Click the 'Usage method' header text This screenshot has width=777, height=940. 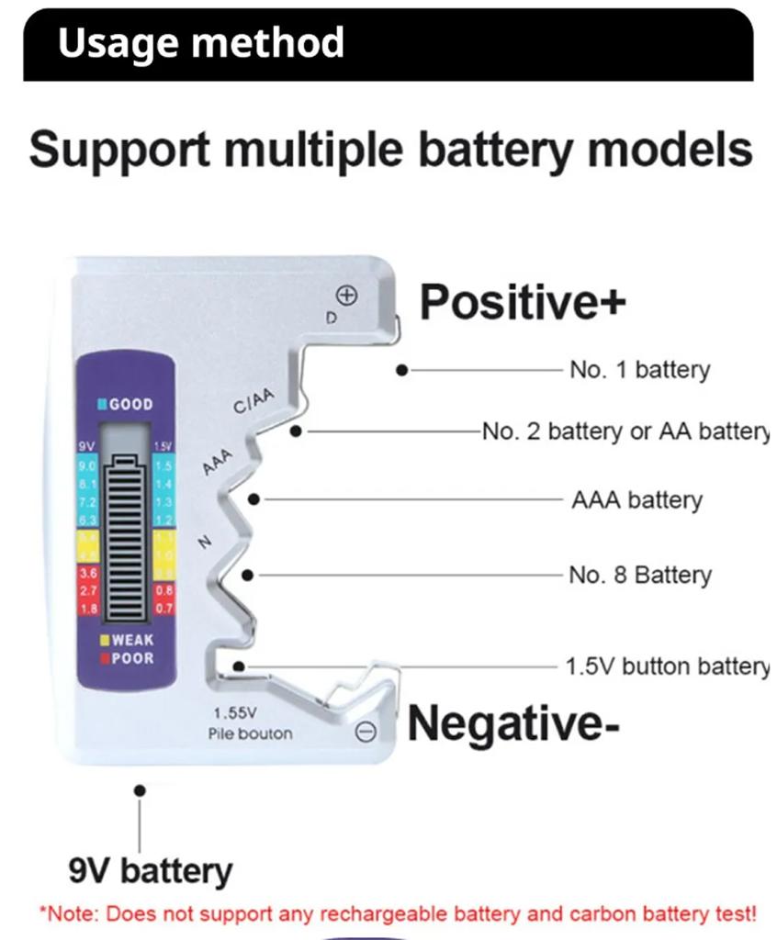(200, 43)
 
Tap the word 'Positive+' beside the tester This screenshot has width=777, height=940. (523, 302)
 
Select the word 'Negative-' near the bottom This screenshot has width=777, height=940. (512, 722)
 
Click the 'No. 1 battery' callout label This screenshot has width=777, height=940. (639, 370)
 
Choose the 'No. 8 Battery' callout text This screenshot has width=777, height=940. (639, 576)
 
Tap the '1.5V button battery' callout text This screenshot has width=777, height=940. (667, 666)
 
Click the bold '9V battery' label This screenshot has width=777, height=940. (151, 869)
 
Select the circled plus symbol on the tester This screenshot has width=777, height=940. (346, 296)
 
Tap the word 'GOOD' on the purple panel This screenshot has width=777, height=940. (131, 404)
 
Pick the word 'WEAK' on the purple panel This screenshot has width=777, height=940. (132, 640)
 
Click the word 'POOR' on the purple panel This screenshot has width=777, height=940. (132, 658)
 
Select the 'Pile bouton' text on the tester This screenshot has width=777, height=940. (249, 733)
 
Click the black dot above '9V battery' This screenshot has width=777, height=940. (140, 789)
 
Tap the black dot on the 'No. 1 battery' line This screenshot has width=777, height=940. (401, 370)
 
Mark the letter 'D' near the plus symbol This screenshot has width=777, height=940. (332, 317)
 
